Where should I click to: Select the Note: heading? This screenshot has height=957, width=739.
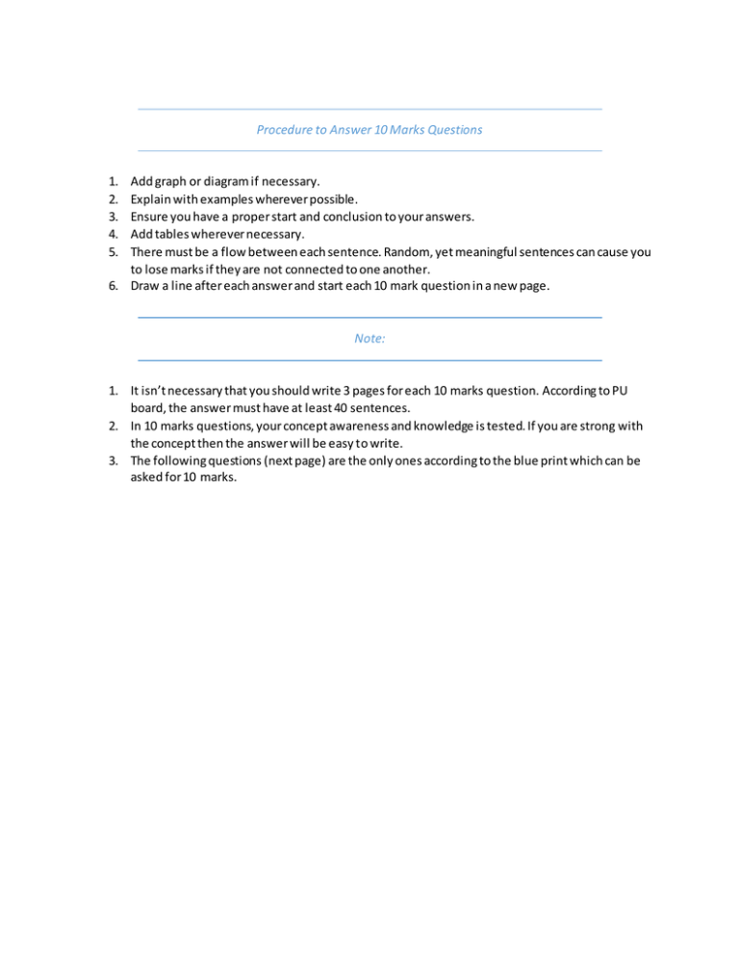369,338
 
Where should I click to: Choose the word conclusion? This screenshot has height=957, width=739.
363,218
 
